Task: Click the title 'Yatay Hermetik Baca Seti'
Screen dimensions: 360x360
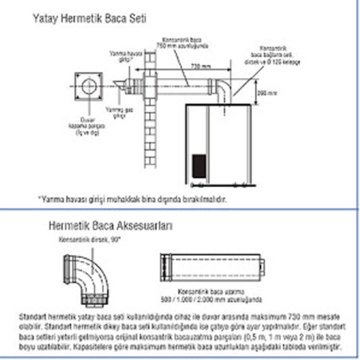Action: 86,18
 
